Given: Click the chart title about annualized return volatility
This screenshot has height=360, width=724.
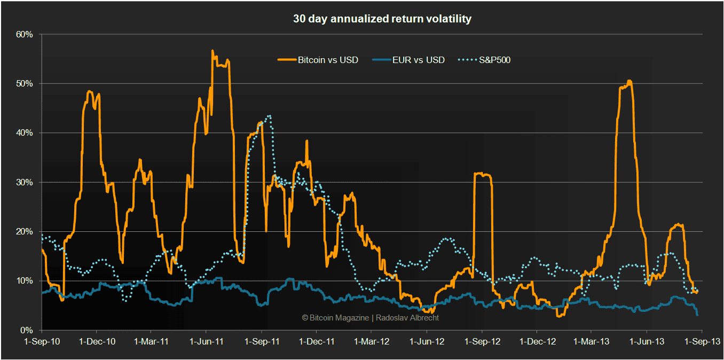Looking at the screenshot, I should [382, 19].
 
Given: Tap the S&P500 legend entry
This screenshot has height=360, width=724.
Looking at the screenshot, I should [492, 60].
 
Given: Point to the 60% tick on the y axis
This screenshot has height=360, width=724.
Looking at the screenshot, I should [25, 34].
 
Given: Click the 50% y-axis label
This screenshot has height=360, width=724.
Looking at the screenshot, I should [25, 84].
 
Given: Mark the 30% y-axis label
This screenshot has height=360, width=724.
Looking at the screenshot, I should [25, 182].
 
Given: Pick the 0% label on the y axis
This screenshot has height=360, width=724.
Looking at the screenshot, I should [27, 330].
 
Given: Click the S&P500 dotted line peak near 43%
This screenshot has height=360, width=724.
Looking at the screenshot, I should [270, 115].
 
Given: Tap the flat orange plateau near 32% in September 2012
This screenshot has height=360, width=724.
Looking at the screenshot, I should [483, 174].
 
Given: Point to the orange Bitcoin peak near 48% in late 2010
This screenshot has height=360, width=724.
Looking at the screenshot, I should [89, 91].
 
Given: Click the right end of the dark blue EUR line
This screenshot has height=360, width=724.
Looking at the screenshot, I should [697, 315].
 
